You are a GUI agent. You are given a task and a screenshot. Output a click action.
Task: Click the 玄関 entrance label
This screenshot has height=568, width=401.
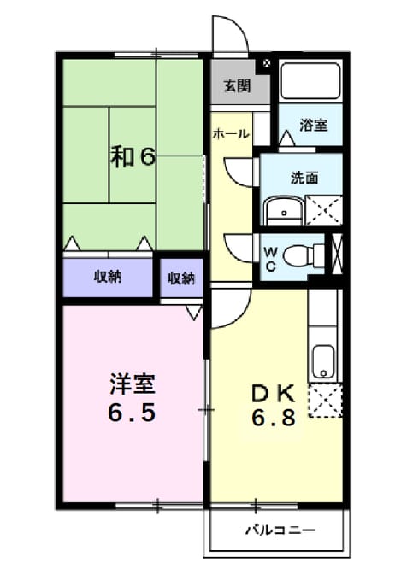point(237,86)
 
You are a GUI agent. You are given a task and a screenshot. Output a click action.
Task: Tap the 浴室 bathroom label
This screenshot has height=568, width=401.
point(313,125)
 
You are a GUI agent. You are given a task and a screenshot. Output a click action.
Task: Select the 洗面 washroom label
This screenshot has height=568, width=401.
point(304,178)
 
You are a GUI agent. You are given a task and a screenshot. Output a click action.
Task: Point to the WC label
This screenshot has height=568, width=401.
point(271,259)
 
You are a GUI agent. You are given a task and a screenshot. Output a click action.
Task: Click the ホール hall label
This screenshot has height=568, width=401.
point(232,133)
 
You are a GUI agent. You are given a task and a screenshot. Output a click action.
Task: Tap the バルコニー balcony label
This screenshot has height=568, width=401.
point(281,530)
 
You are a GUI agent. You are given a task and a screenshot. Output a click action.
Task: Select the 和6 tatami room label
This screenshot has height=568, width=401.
point(133,156)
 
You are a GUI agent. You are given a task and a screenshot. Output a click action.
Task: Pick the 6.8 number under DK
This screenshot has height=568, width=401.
point(274,419)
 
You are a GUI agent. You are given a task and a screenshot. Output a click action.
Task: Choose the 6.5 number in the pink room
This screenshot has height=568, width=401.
point(133,413)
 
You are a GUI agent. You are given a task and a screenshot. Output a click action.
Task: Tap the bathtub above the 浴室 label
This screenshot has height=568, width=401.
point(310,81)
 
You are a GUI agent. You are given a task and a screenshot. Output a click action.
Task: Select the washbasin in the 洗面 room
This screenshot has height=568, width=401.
point(284,212)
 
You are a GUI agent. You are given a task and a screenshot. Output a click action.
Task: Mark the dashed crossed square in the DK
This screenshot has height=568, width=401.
point(325,401)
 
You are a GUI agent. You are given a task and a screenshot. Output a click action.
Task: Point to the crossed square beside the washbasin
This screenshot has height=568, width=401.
point(324,210)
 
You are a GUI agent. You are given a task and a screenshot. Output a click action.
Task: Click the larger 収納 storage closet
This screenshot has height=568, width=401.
point(108,278)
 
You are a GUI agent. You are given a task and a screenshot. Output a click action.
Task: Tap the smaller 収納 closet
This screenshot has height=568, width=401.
point(181,278)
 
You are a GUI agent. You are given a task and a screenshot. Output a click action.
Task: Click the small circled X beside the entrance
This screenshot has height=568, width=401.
point(267,64)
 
